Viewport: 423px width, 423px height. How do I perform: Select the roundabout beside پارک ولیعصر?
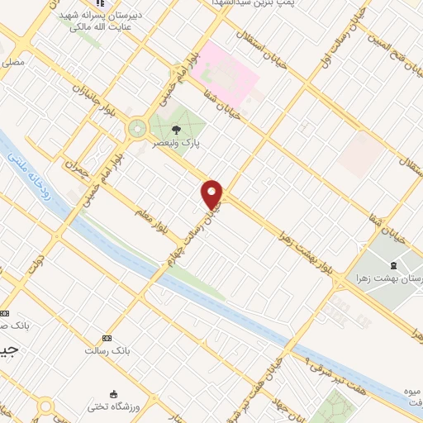pos(136,128)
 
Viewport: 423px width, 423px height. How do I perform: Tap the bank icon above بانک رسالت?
pos(106,338)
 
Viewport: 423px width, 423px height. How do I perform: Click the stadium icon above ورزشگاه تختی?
pos(113,393)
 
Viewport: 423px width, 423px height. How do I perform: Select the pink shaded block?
pos(230,70)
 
